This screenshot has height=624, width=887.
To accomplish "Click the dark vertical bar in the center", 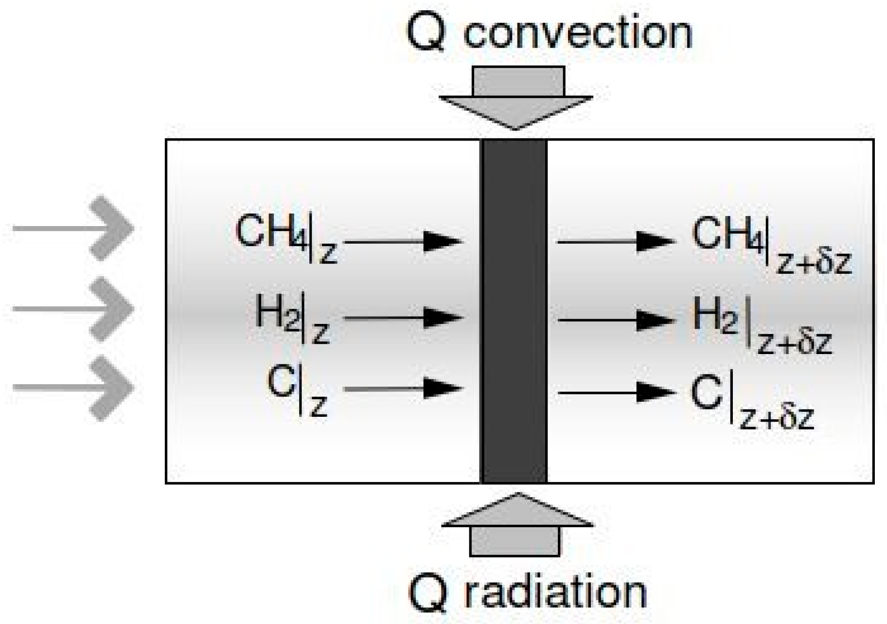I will click(514, 311).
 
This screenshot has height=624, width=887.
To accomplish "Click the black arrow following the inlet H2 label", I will click(404, 319).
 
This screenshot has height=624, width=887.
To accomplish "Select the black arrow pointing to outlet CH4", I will click(616, 241).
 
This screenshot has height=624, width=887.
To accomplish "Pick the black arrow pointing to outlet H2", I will click(616, 320).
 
